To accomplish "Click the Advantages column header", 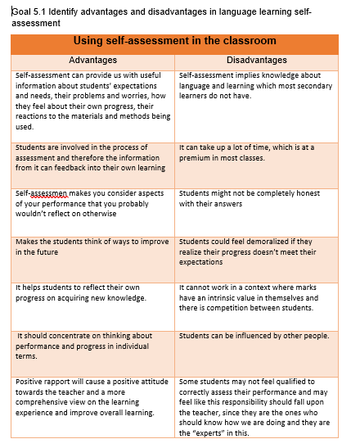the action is (92, 60).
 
